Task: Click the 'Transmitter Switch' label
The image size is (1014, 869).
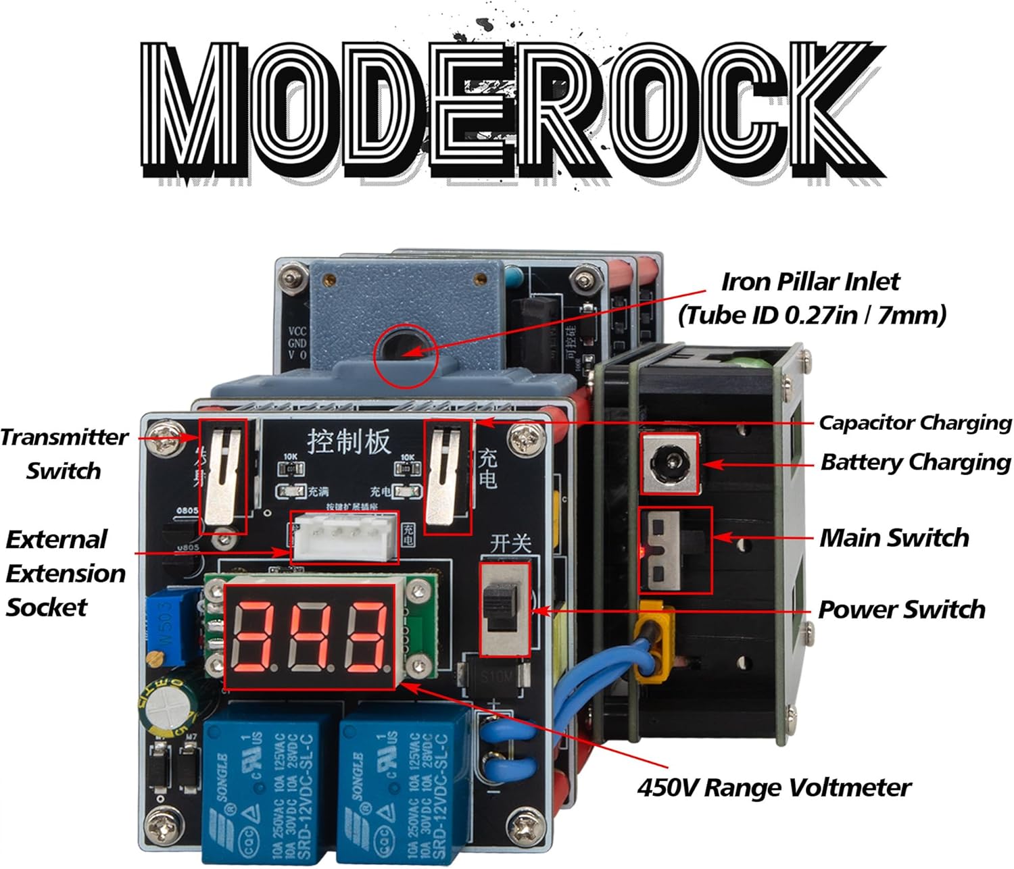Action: pyautogui.click(x=64, y=453)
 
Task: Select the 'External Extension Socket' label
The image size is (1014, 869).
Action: pyautogui.click(x=66, y=573)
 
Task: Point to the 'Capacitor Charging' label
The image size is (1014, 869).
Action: pyautogui.click(x=915, y=423)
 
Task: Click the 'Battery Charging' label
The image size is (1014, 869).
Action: pyautogui.click(x=915, y=462)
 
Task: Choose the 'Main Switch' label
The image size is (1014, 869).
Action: pyautogui.click(x=894, y=538)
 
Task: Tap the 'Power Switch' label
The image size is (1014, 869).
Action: pyautogui.click(x=901, y=610)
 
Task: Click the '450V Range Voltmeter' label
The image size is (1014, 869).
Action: pyautogui.click(x=773, y=787)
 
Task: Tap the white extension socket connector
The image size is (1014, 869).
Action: pyautogui.click(x=344, y=537)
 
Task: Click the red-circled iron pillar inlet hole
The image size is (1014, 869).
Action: pyautogui.click(x=406, y=349)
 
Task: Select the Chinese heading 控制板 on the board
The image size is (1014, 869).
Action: pyautogui.click(x=349, y=441)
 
